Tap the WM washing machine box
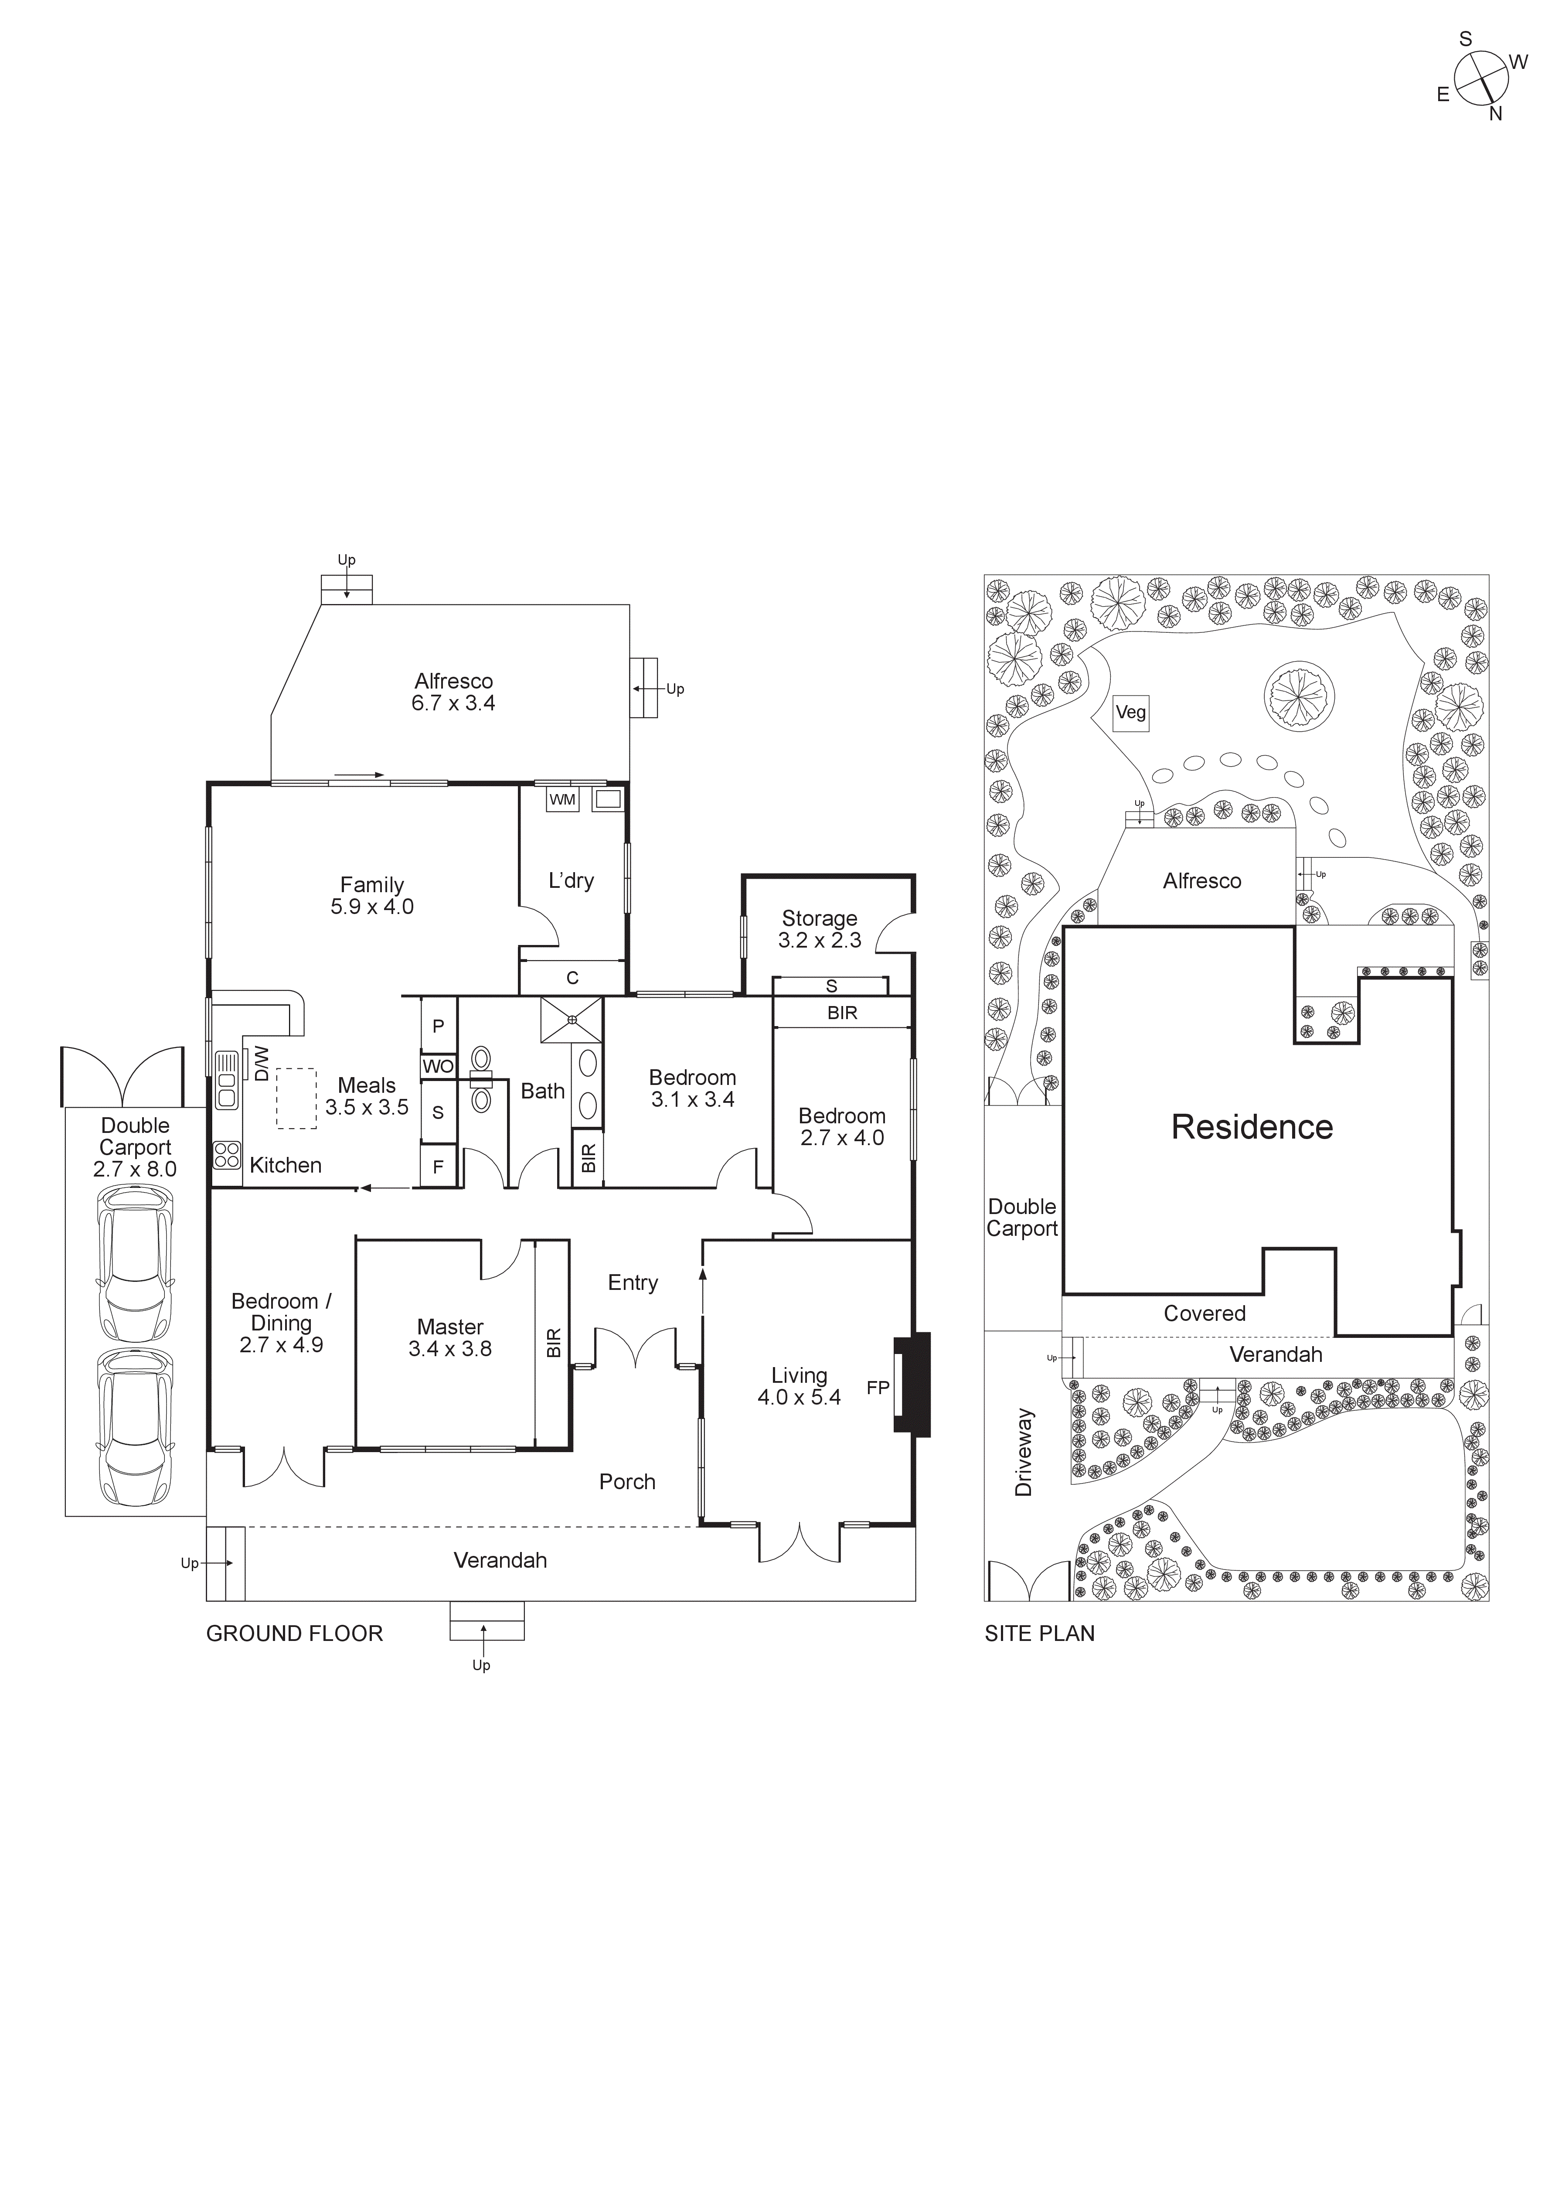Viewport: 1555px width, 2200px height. [562, 799]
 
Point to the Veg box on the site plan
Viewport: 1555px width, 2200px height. [1130, 713]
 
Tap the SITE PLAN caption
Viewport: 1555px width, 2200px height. [1040, 1634]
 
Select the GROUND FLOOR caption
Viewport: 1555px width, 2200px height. [294, 1634]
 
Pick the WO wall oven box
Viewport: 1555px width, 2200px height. [438, 1067]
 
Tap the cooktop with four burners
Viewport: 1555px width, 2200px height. [227, 1155]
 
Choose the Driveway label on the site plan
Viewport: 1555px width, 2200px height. [1024, 1452]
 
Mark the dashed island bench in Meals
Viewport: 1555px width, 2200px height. [297, 1098]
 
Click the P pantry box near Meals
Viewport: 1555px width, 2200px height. [438, 1026]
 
